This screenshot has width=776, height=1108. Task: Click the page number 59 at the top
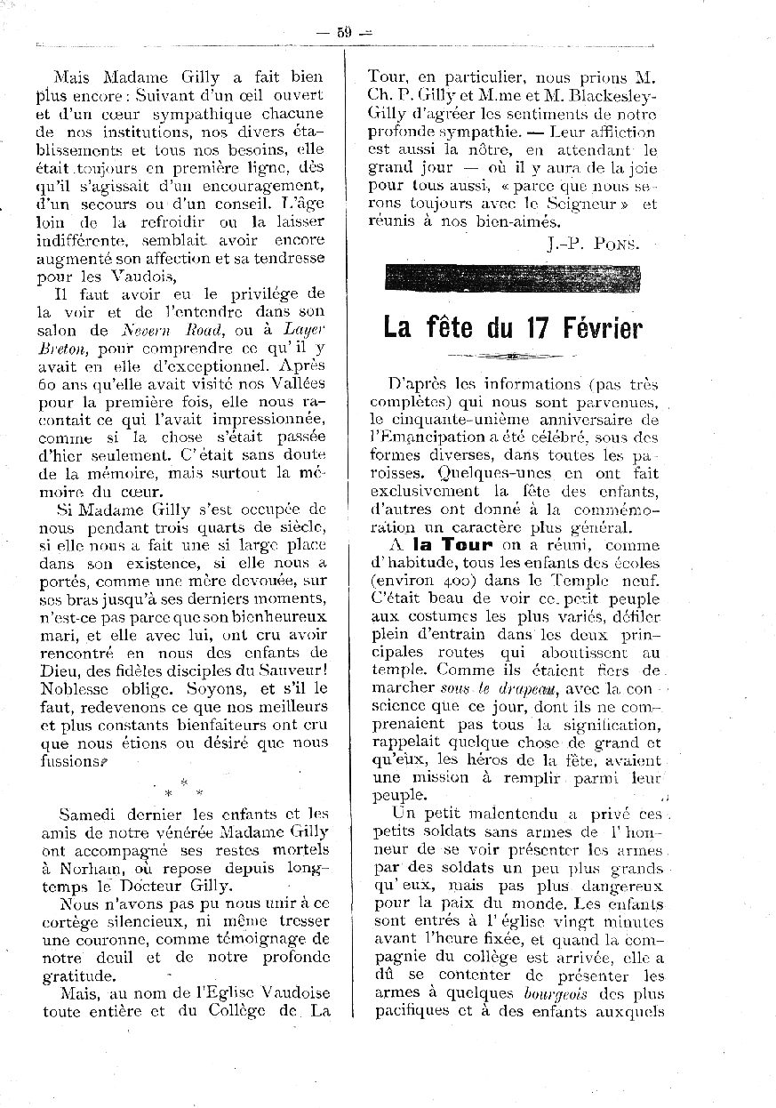(345, 32)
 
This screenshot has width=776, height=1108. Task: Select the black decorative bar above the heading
(513, 278)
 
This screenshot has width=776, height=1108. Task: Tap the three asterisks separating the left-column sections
(184, 787)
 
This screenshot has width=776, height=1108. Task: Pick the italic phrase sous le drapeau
(485, 689)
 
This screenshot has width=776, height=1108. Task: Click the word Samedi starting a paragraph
(84, 815)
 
